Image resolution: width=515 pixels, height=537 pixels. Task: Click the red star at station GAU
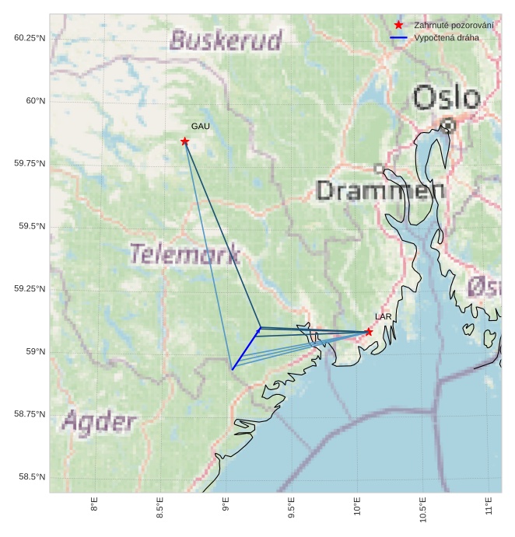(184, 141)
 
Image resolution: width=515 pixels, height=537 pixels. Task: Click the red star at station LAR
(369, 332)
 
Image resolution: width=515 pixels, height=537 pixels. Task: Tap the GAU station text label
(200, 126)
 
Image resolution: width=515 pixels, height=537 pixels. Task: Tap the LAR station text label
(383, 317)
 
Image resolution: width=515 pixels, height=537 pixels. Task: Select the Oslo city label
(447, 99)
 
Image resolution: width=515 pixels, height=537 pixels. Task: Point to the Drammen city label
(380, 190)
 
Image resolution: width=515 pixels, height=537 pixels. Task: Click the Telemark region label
(184, 254)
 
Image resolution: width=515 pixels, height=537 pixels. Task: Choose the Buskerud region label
(225, 40)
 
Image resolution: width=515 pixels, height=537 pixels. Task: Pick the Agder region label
(99, 423)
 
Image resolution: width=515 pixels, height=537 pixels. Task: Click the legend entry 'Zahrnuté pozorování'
(454, 26)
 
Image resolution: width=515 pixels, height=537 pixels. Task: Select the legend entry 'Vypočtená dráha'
(447, 37)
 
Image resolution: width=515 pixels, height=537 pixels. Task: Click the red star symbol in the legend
(398, 26)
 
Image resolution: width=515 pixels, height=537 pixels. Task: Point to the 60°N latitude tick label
(36, 101)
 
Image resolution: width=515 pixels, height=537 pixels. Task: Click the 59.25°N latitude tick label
(30, 289)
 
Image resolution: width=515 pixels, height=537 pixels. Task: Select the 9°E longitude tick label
(226, 506)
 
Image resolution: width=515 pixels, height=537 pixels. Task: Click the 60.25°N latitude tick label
(30, 38)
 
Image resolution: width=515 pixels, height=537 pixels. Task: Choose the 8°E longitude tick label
(94, 506)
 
